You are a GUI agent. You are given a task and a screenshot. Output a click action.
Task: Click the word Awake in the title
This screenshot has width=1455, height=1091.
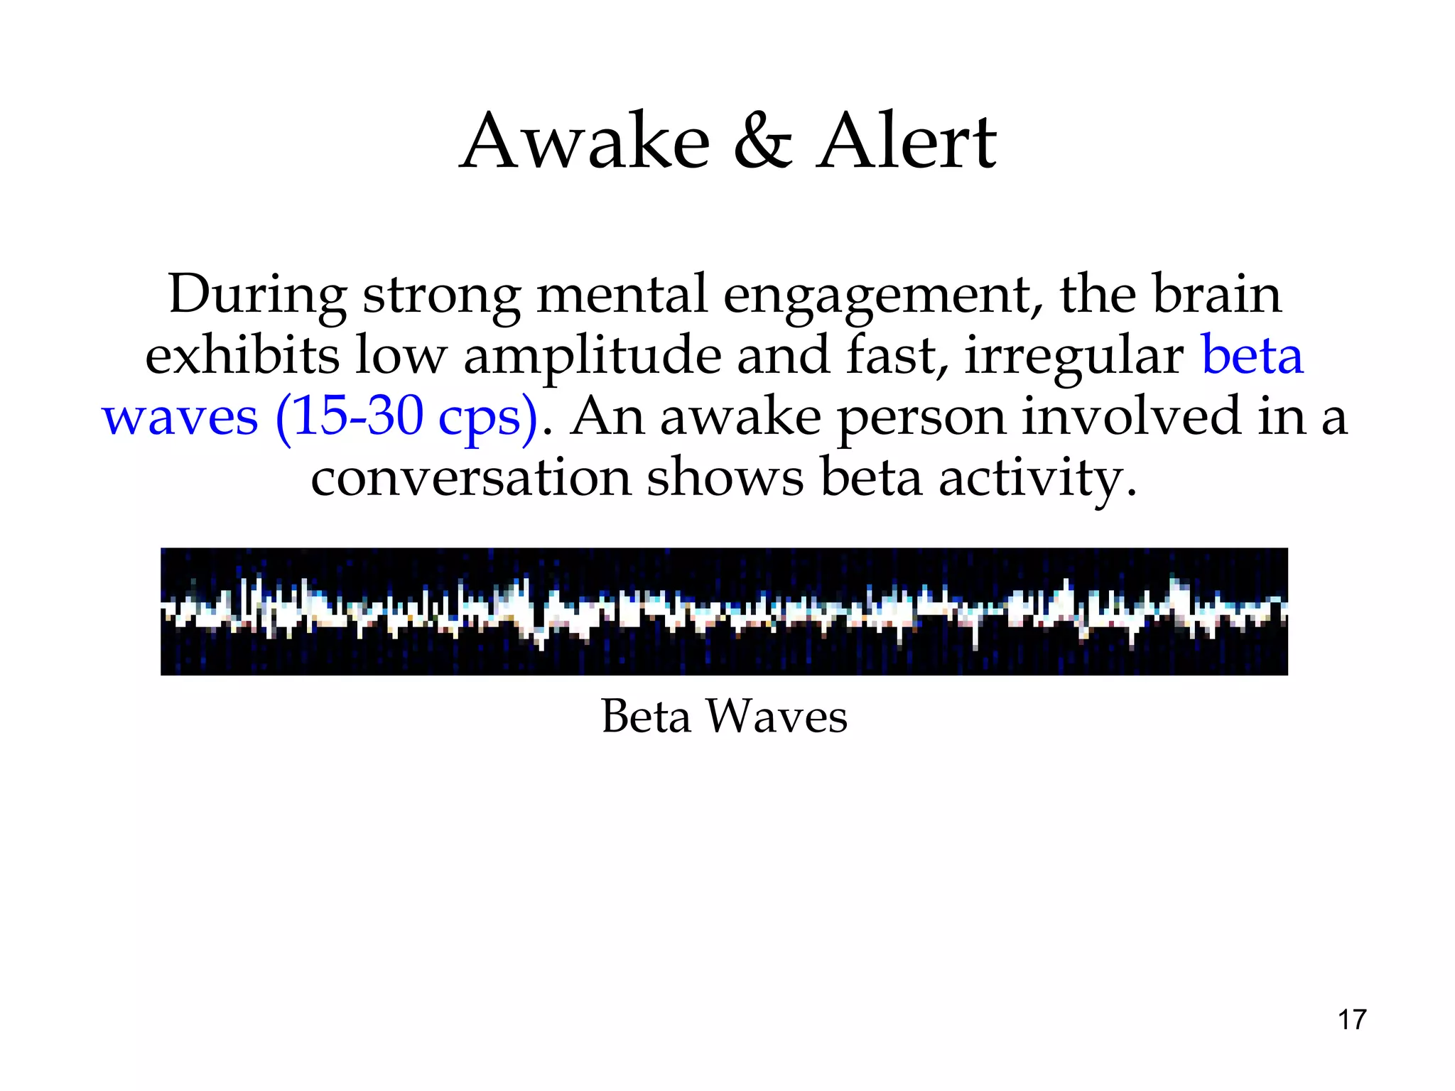point(585,142)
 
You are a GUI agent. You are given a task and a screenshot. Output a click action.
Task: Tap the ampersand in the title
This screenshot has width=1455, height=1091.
point(763,142)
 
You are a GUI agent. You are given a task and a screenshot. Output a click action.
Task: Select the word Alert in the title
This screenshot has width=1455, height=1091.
point(907,142)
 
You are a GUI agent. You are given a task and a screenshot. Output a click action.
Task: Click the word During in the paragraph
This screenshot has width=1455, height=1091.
point(258,295)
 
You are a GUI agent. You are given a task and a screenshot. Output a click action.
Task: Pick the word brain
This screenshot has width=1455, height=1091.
point(1217,293)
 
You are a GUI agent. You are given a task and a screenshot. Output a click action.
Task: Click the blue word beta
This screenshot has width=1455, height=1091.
point(1252,354)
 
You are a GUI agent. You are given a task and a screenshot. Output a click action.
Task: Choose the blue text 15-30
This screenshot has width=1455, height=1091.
point(358,416)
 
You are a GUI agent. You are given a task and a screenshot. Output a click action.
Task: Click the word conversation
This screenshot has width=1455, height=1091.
point(470,477)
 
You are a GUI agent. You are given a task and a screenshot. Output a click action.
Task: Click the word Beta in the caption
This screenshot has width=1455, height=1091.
point(646,716)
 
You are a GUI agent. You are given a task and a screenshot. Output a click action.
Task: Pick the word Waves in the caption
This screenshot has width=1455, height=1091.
point(777,716)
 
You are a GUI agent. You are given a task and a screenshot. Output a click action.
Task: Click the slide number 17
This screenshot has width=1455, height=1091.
point(1352,1020)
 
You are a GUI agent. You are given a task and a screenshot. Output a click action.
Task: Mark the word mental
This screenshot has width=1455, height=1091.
point(622,294)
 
